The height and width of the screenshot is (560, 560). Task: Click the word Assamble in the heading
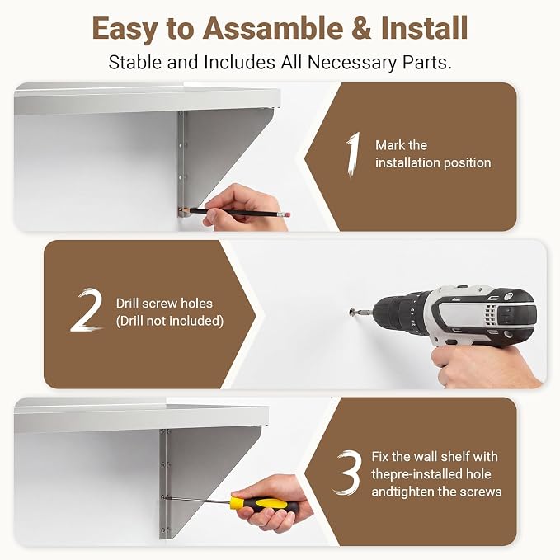273,28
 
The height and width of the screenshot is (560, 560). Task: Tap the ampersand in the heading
361,28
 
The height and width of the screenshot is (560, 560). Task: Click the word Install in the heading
424,28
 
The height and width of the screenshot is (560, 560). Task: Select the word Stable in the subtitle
136,62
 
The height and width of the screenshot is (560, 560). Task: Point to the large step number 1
353,154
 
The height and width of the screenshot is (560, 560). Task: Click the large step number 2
87,309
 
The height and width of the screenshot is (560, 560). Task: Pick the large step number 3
347,472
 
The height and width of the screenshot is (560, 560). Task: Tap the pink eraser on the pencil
286,215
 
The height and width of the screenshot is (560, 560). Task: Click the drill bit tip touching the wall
352,312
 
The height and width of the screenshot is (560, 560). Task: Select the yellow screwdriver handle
264,504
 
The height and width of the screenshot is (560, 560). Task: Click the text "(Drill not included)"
170,321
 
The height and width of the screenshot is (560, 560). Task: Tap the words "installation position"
433,162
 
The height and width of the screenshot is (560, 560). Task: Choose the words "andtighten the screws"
436,492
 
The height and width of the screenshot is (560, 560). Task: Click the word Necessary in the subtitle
352,62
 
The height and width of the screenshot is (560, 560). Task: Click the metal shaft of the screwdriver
199,500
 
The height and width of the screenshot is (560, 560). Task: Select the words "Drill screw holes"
164,304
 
